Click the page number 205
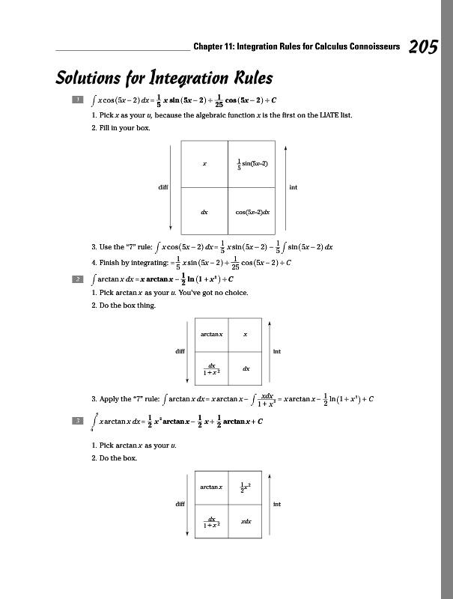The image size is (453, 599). (423, 47)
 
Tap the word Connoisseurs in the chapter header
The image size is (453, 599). (362, 47)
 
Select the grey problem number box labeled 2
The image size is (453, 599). (76, 279)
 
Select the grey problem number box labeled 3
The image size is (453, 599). (76, 421)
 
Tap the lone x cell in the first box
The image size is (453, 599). (204, 162)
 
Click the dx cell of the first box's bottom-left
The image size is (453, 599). (204, 212)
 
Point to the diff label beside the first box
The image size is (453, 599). (162, 187)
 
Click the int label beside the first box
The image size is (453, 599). (293, 187)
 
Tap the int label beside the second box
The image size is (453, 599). (277, 350)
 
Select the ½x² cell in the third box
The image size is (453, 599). (246, 487)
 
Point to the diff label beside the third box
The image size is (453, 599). (180, 504)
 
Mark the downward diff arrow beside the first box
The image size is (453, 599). (172, 187)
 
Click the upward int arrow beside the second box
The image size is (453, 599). (269, 350)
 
